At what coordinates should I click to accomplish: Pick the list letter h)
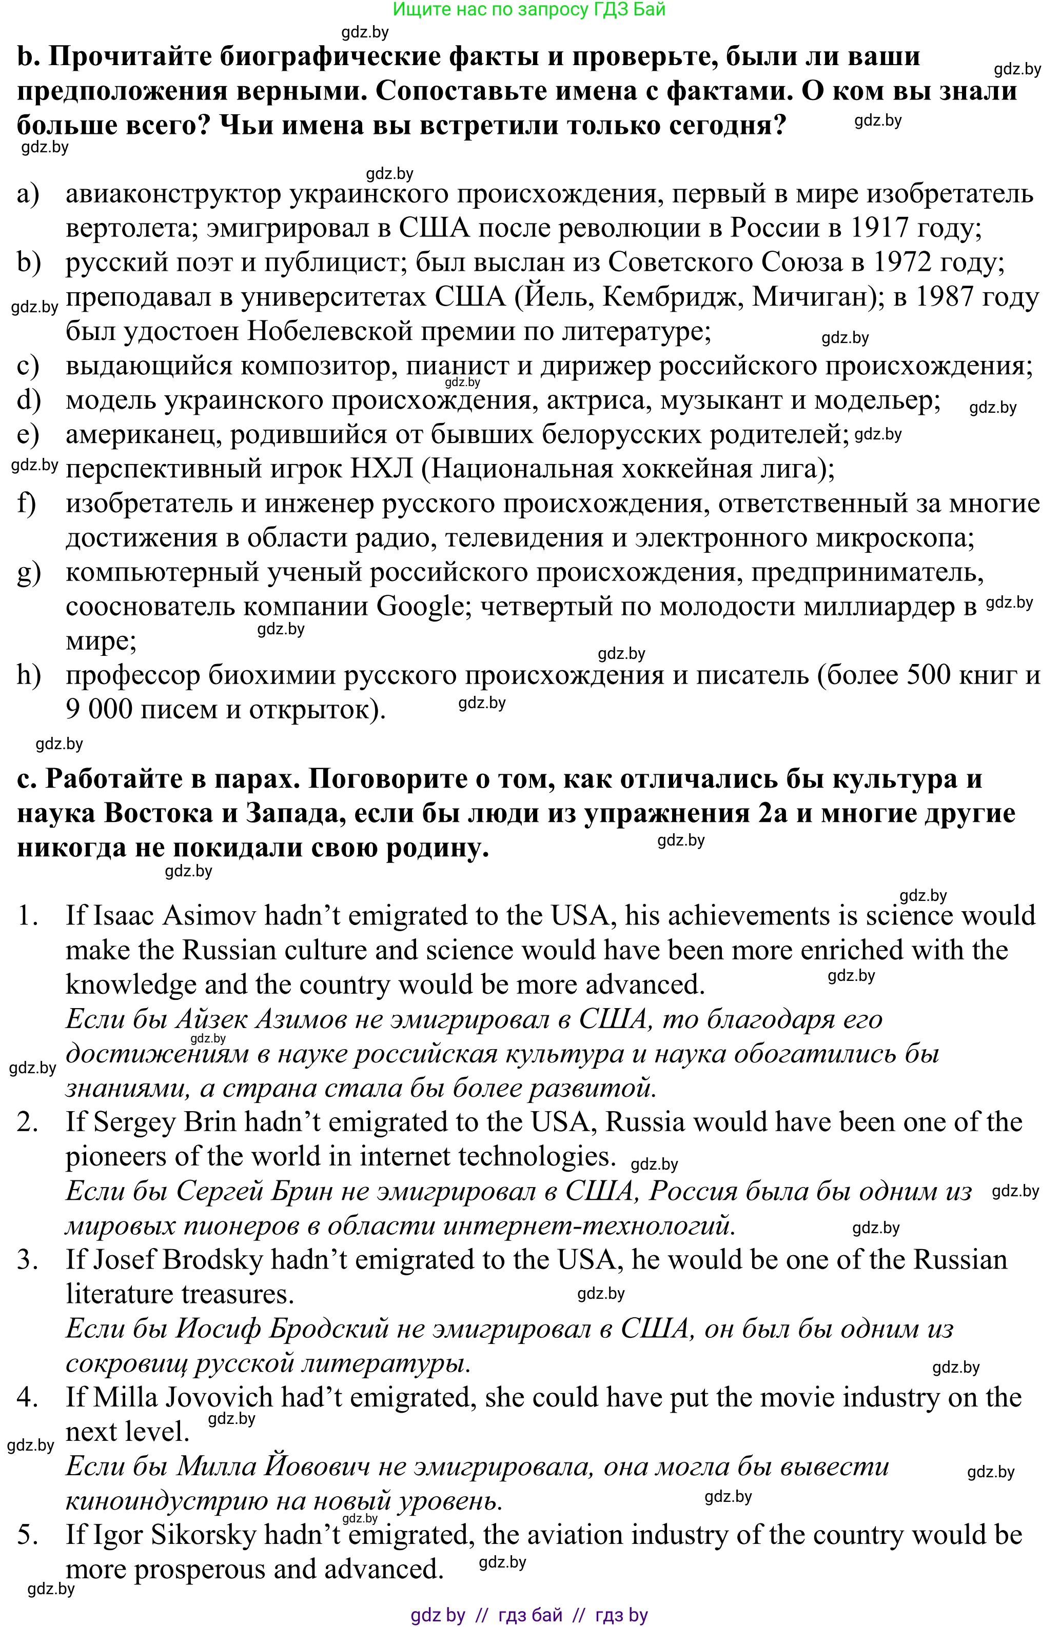[x=29, y=675]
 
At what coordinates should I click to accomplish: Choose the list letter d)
[x=29, y=400]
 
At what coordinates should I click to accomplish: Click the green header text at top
[x=529, y=10]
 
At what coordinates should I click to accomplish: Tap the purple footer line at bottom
[x=529, y=1615]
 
